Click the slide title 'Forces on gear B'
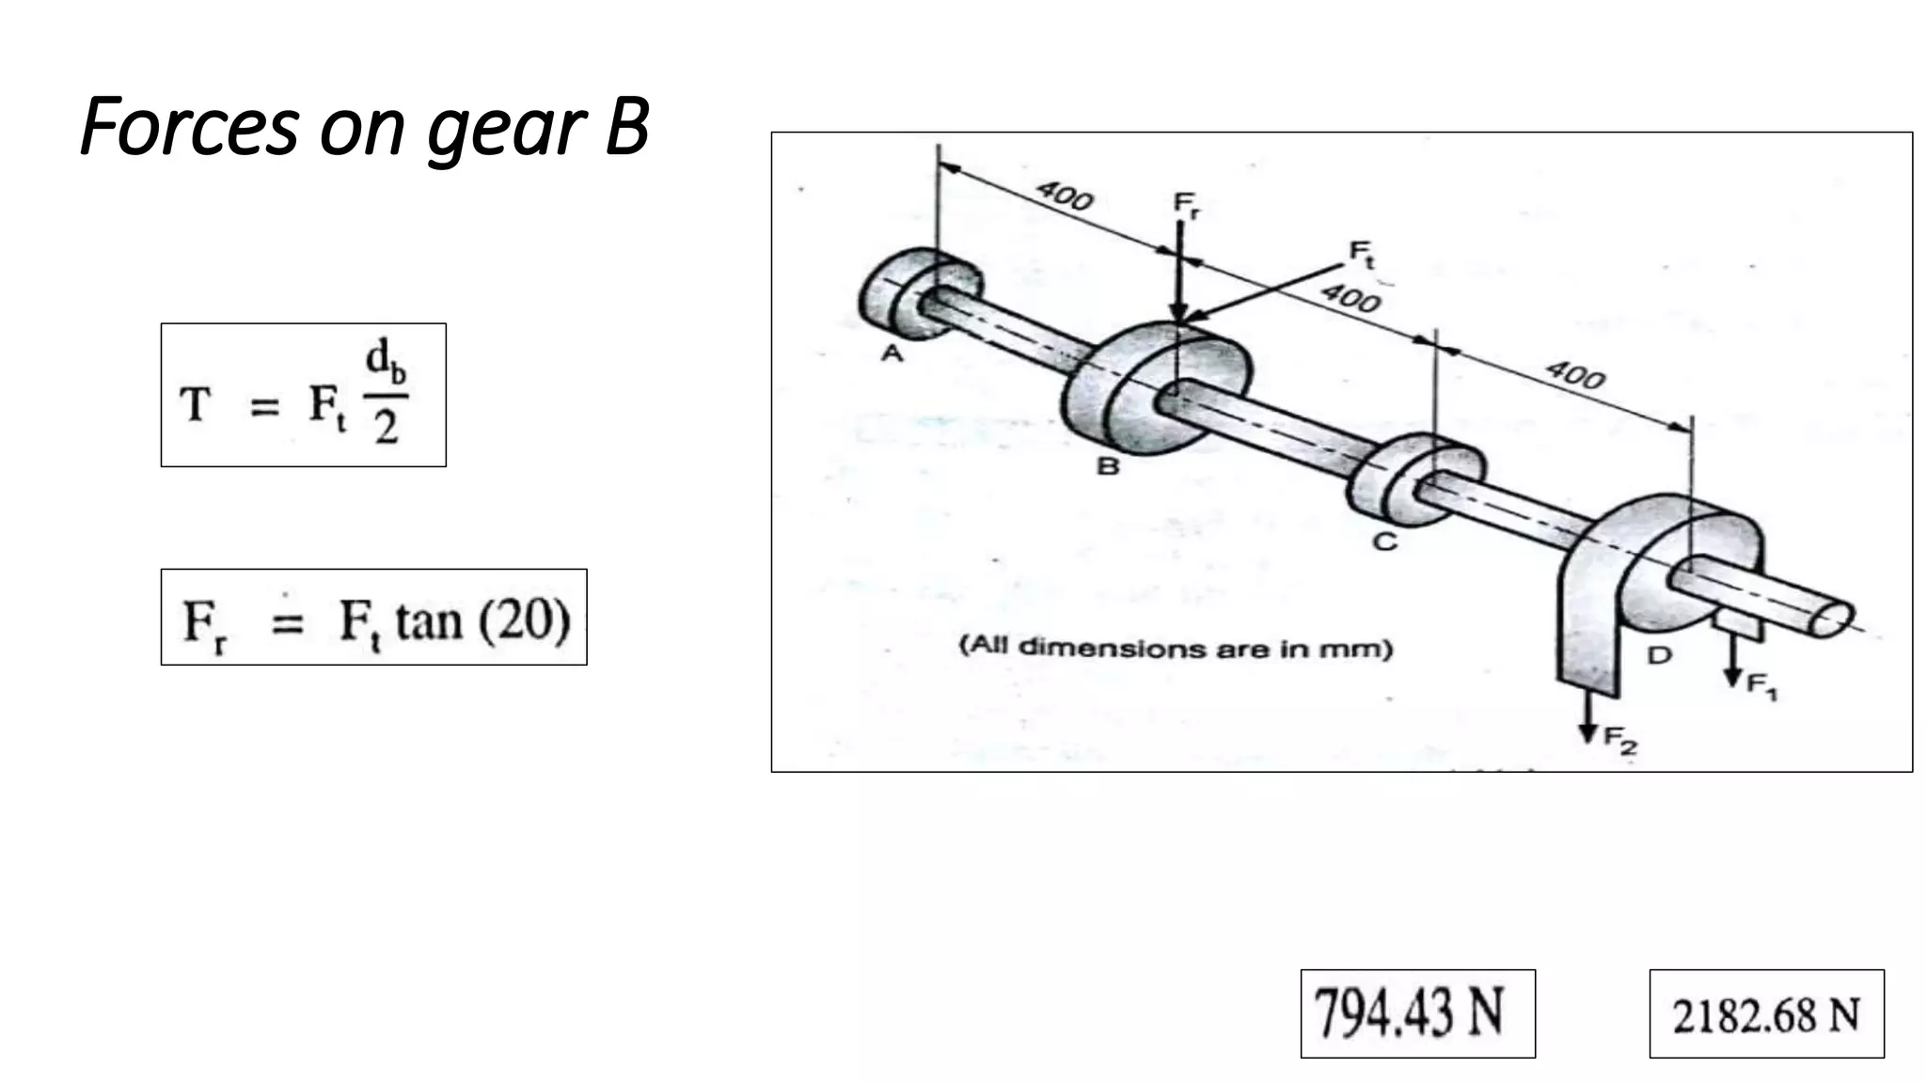pos(365,127)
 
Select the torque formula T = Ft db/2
pos(303,395)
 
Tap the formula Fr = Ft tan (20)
pos(374,618)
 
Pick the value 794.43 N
pos(1417,1013)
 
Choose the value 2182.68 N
pos(1766,1014)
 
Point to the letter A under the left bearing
pos(892,353)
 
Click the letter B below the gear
pos(1108,465)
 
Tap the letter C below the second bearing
pos(1384,542)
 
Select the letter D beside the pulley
pos(1660,655)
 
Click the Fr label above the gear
pos(1186,204)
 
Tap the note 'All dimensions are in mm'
pos(1176,648)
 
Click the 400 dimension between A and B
pos(1065,196)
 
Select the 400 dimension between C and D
pos(1575,375)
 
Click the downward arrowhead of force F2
pos(1588,732)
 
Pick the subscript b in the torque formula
pos(399,374)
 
